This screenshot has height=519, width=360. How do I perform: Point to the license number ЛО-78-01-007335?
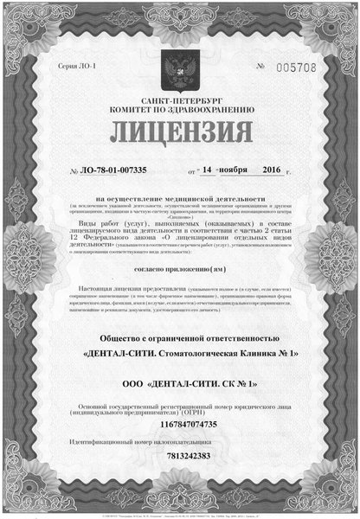coord(114,170)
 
